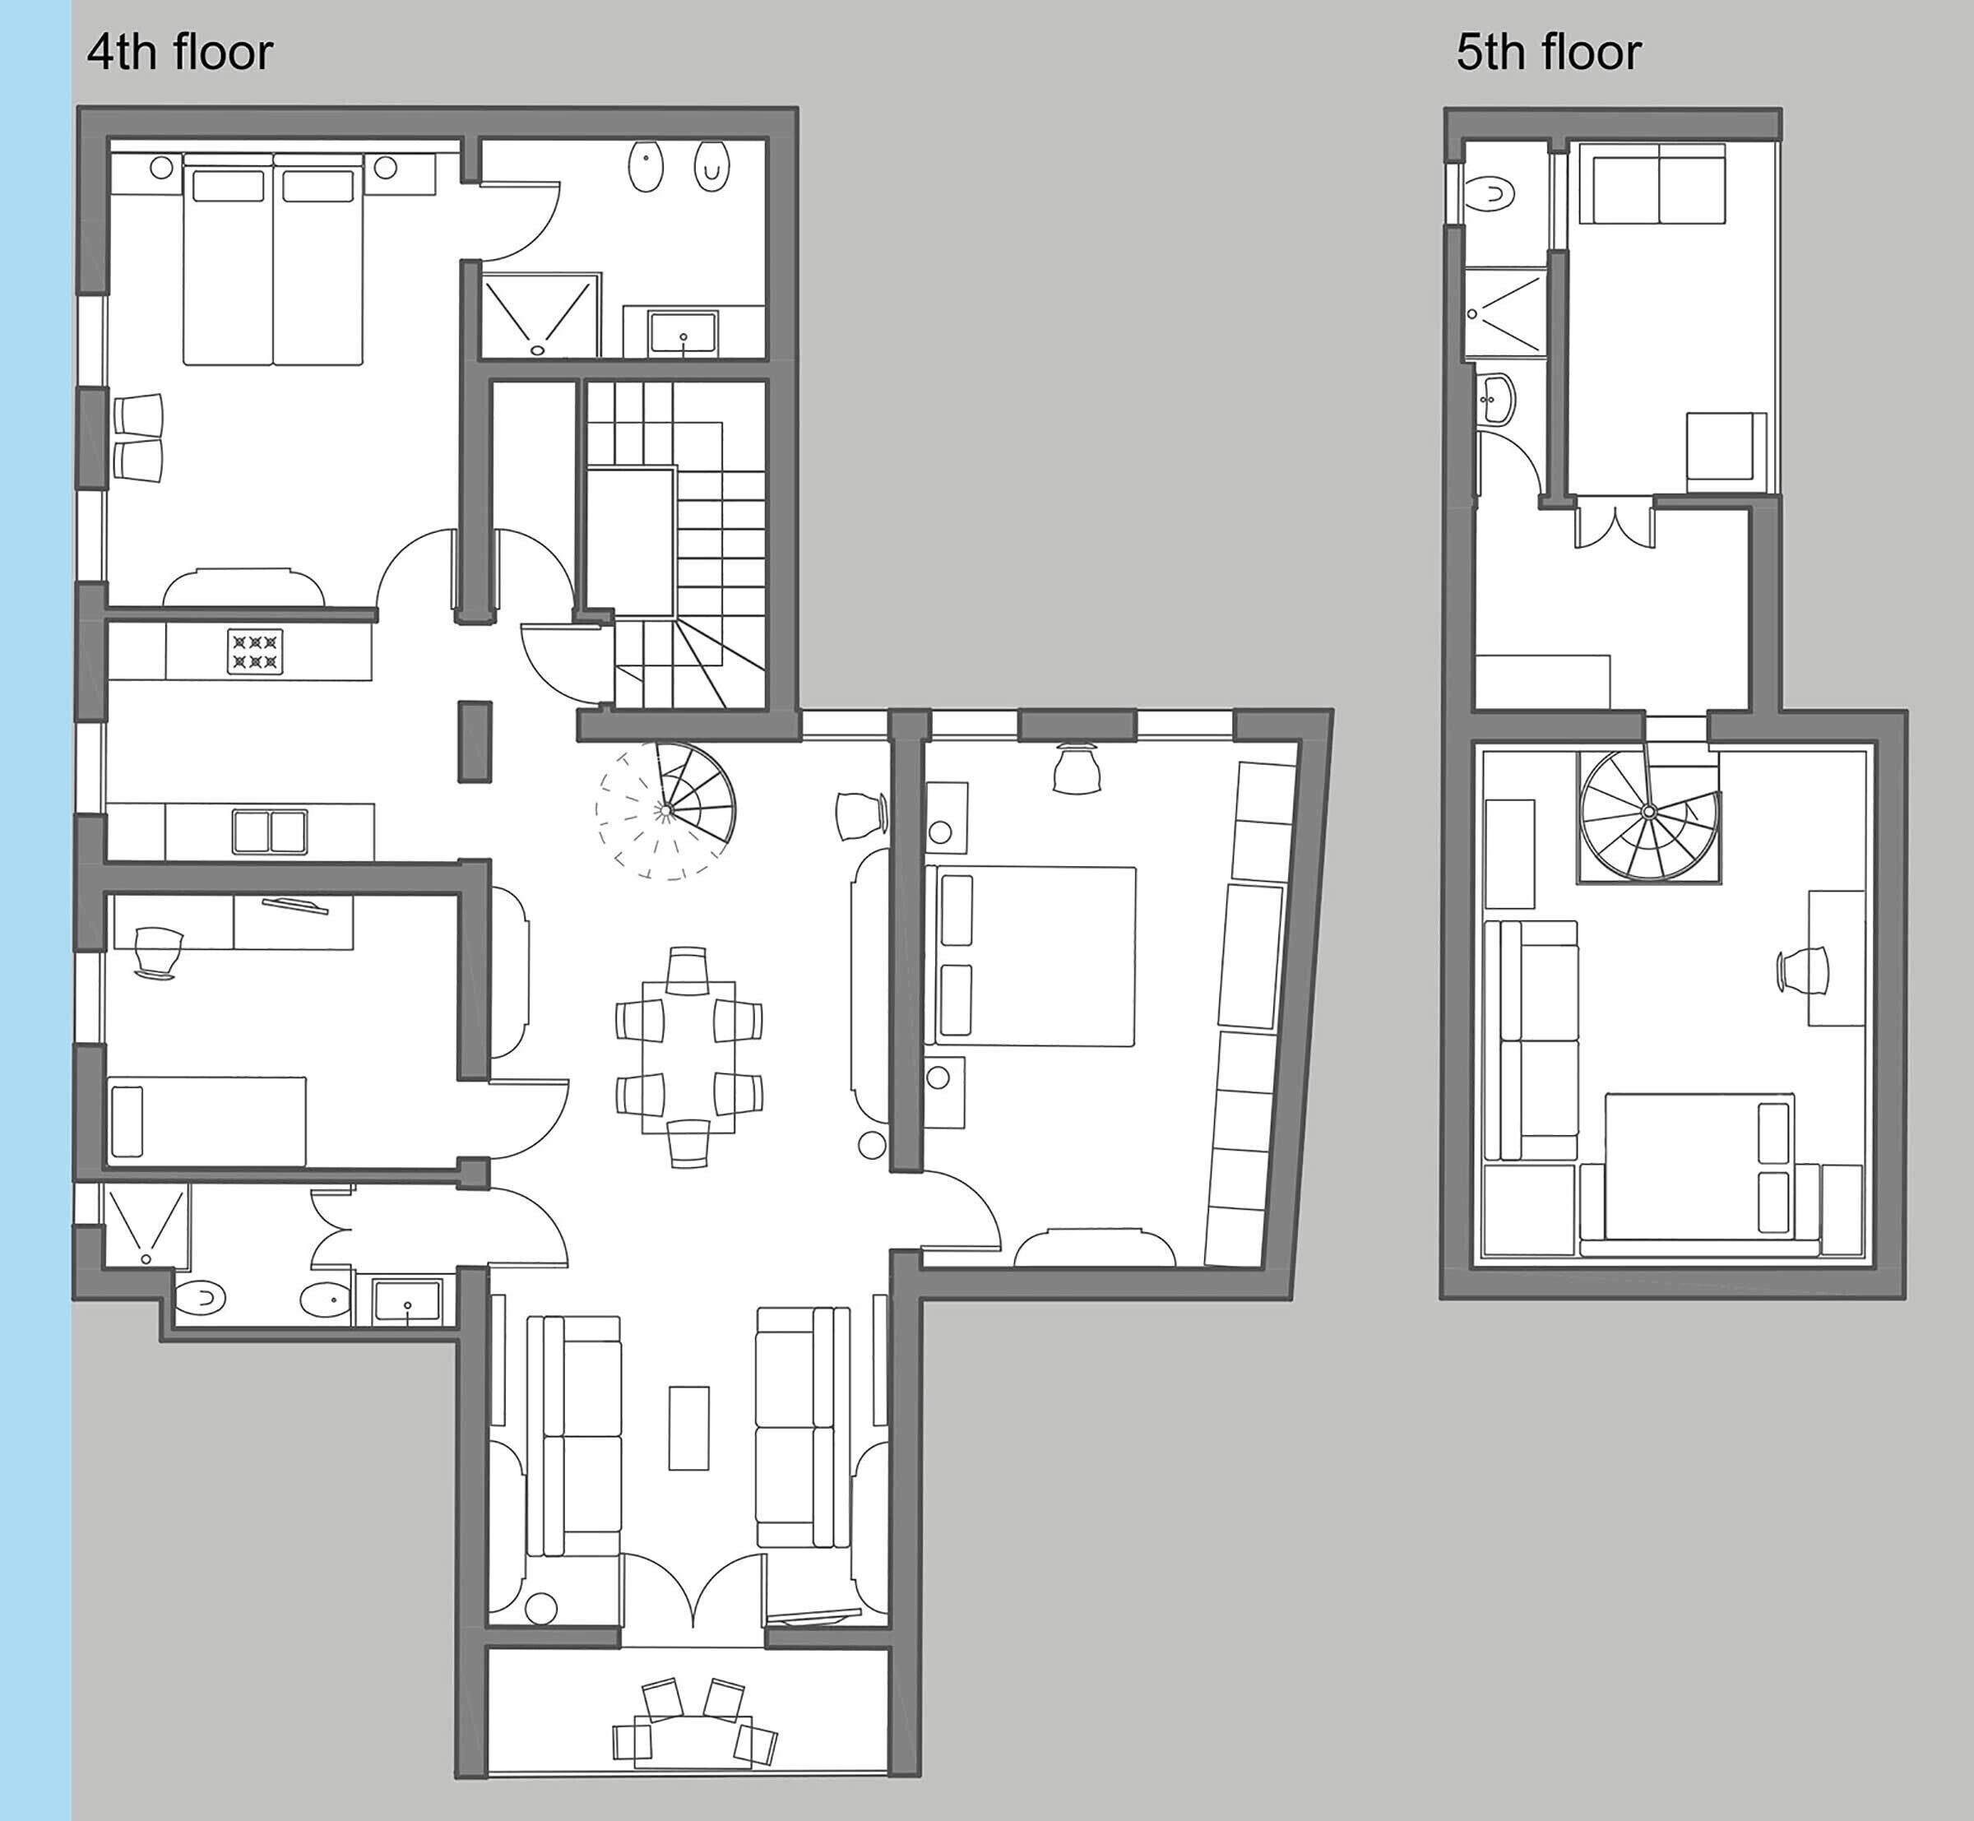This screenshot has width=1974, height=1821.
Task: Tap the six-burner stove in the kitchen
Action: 255,651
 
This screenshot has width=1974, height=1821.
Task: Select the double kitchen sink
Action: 269,832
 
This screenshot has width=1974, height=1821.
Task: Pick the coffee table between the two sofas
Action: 688,1428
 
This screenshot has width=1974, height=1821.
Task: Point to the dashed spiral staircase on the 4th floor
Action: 665,810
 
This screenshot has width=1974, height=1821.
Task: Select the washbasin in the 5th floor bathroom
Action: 1496,399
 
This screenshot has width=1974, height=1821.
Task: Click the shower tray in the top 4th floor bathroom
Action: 539,315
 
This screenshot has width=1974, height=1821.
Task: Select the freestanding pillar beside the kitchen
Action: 475,741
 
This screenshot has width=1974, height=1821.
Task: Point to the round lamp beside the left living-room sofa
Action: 540,1608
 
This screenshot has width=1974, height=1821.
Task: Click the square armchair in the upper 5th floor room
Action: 1725,447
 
